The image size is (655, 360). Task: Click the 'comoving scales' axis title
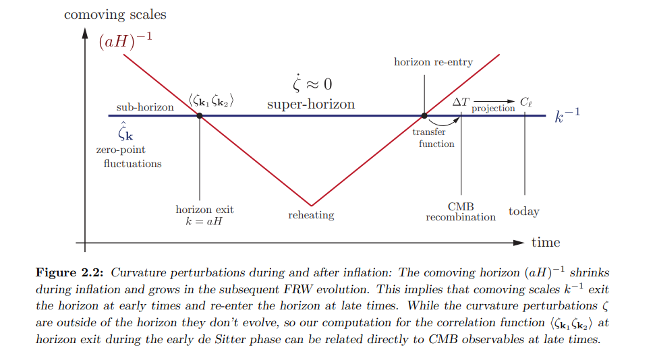[x=115, y=14]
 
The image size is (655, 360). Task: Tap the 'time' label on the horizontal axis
[x=545, y=242]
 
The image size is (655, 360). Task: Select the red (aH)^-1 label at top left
[x=125, y=41]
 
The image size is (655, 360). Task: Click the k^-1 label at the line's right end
[x=567, y=115]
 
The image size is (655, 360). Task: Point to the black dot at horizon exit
[x=200, y=115]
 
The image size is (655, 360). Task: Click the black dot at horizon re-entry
[x=424, y=115]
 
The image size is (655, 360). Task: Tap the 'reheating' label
[x=311, y=215]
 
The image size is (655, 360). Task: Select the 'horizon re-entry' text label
[x=433, y=62]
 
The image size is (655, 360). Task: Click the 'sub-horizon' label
[x=144, y=107]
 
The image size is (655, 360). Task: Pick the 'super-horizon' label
[x=311, y=104]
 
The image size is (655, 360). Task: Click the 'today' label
[x=524, y=212]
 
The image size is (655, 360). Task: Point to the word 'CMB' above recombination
[x=461, y=206]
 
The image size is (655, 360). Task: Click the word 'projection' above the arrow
[x=493, y=109]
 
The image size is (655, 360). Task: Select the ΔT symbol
[x=461, y=102]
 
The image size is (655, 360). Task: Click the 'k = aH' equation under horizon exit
[x=199, y=220]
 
